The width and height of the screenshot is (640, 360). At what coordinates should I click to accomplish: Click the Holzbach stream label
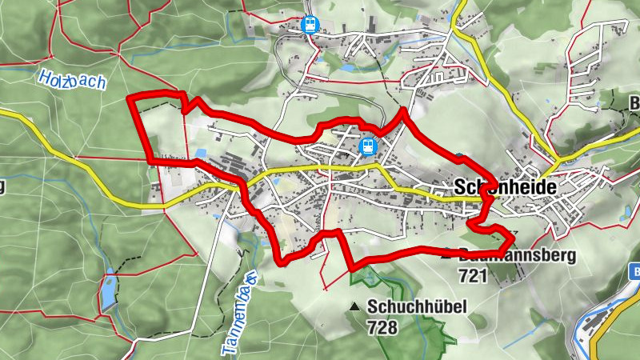point(72,81)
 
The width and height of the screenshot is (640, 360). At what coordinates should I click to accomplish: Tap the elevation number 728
point(382,326)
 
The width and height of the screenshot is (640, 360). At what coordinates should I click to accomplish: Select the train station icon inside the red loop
point(367,146)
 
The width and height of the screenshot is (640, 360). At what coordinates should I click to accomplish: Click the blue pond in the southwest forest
point(107,292)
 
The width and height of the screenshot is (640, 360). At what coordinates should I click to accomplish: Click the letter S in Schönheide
point(459,186)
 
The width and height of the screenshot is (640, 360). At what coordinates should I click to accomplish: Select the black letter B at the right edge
point(634,102)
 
